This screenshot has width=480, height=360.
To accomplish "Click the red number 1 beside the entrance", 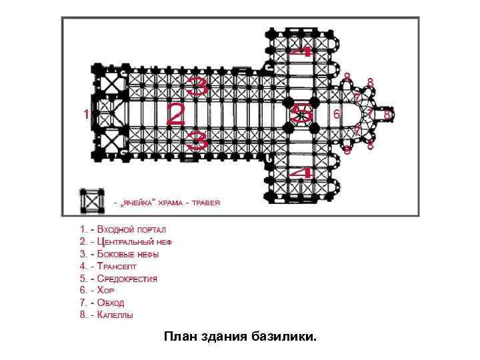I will (85, 115).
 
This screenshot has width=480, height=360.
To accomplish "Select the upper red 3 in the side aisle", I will (198, 85).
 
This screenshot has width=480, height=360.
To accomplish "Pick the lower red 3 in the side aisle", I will (198, 140).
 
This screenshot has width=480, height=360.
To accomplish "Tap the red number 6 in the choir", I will (337, 115).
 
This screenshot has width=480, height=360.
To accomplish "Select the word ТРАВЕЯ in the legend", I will (206, 203).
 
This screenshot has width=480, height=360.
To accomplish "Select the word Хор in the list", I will (105, 290).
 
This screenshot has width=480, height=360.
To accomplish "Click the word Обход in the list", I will (110, 302).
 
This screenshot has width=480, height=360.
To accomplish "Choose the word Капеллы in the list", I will (115, 314).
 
